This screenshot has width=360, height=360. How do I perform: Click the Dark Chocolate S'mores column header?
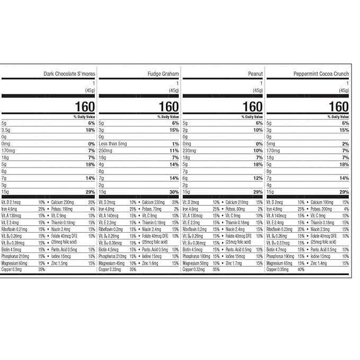point(69,74)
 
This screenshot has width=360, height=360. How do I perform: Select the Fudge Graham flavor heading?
point(164,74)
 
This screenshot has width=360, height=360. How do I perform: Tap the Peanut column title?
point(254,74)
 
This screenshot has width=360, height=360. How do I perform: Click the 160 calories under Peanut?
point(252,107)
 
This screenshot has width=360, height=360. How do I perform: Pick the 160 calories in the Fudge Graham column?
point(169,107)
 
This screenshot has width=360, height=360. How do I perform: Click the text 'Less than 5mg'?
point(114,144)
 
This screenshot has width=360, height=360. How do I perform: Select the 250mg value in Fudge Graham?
point(106,151)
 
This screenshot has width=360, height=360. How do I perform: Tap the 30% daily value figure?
point(173,192)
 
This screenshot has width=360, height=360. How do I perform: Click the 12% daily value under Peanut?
point(258,178)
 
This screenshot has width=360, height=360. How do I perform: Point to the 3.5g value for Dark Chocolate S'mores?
point(7,130)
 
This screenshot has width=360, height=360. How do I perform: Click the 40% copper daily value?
point(301,269)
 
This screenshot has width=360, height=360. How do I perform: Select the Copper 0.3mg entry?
point(13,269)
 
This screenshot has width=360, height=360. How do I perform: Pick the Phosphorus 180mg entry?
point(196,256)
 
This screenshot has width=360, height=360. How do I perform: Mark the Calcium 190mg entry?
point(322,202)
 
